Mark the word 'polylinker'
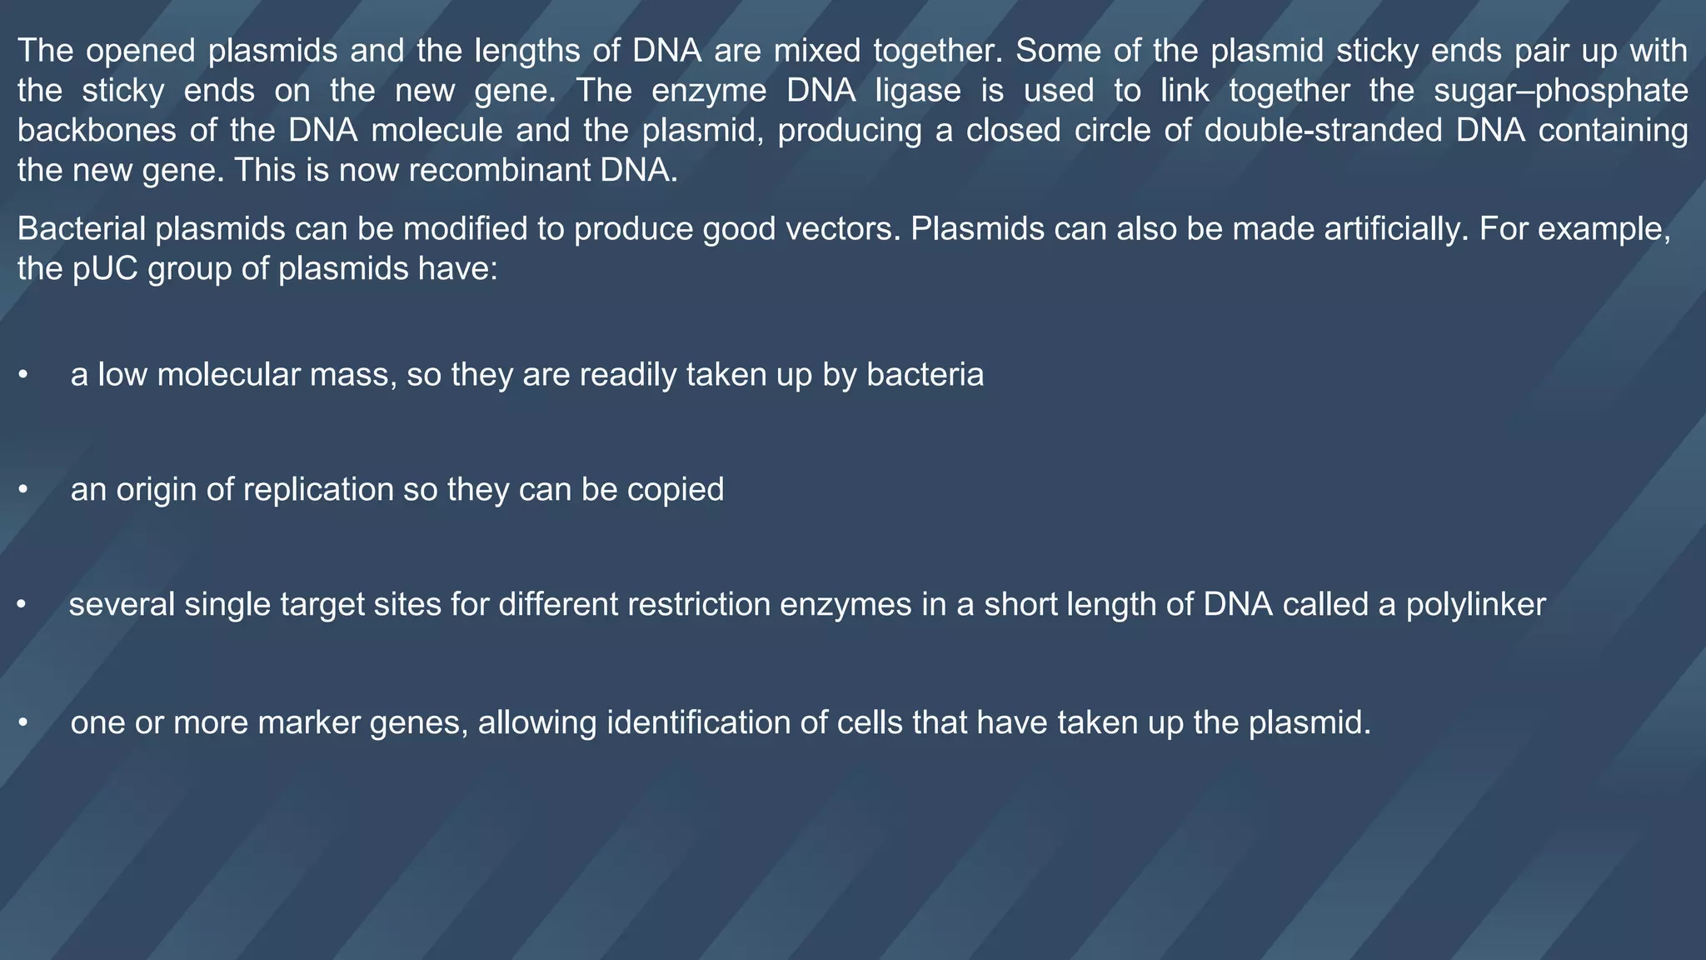coord(1475,604)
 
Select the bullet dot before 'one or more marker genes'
coord(23,723)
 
